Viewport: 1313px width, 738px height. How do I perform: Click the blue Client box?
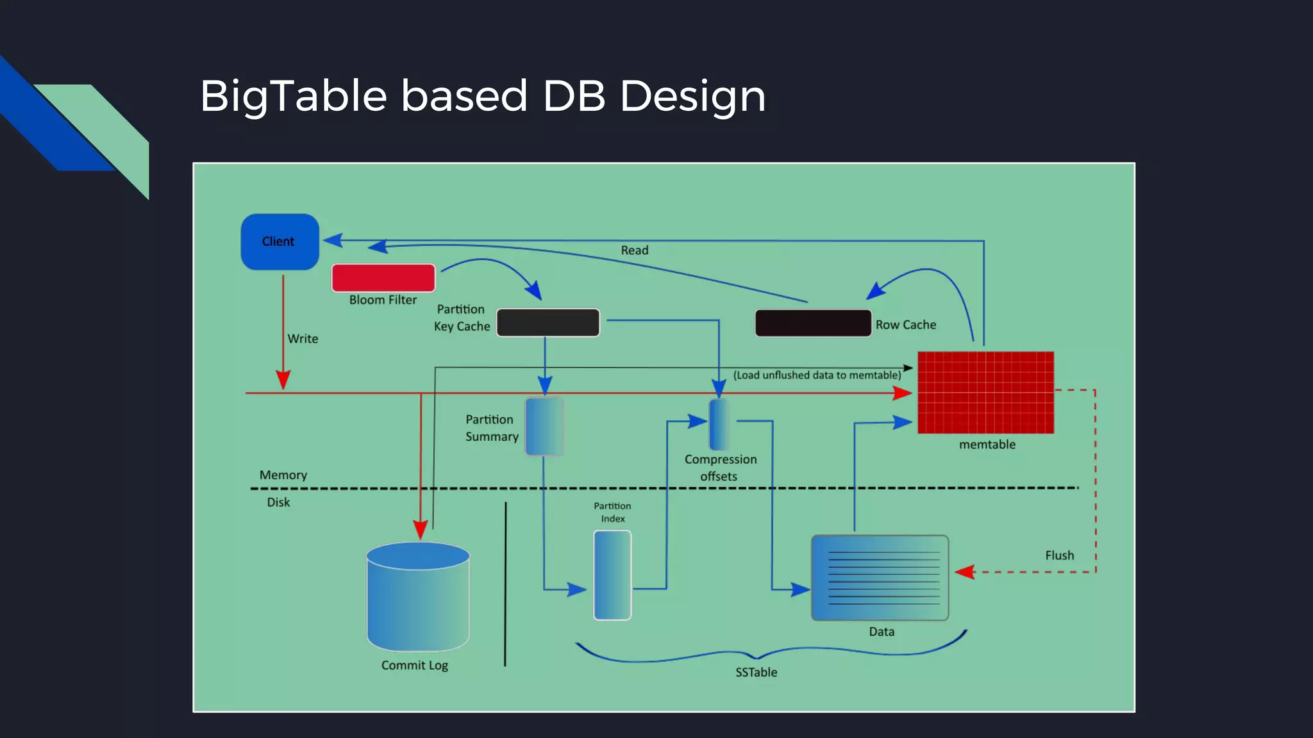point(280,242)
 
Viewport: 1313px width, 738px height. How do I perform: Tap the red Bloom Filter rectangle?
point(383,278)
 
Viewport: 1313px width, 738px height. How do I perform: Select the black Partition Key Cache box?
point(548,322)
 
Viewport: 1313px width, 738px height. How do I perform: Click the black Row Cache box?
point(813,323)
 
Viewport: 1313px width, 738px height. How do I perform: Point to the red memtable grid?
point(985,392)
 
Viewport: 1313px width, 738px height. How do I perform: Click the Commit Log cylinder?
point(418,599)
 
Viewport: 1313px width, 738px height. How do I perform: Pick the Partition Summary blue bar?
point(544,427)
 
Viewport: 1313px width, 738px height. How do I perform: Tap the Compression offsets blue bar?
point(719,424)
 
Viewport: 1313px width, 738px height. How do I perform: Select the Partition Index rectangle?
point(612,575)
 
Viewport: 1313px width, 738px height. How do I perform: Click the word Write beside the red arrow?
point(303,339)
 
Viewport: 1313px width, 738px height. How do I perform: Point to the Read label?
point(634,250)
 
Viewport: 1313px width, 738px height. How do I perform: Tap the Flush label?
point(1059,555)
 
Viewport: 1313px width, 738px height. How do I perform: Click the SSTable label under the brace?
point(756,672)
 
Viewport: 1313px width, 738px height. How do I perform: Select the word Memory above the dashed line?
point(283,475)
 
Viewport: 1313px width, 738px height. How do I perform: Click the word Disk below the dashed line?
point(278,502)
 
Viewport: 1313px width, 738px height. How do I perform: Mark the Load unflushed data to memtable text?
point(817,375)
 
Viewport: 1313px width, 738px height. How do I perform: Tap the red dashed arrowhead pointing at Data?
point(965,571)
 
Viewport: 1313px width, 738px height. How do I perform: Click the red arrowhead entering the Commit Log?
point(420,530)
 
